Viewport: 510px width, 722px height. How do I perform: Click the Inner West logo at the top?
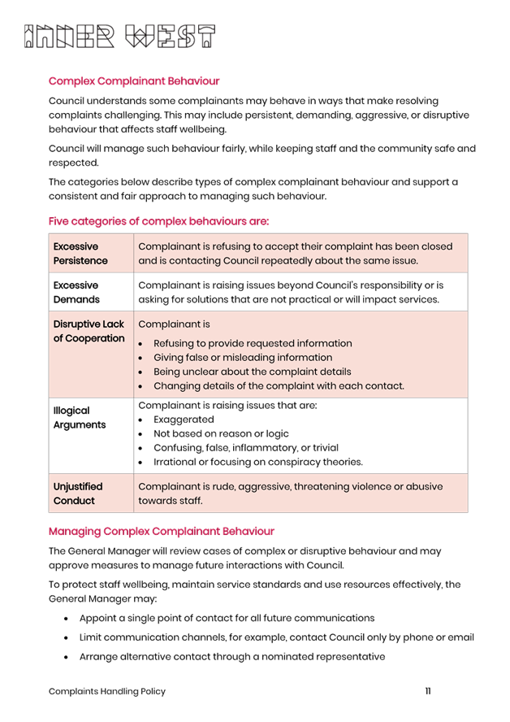pos(120,37)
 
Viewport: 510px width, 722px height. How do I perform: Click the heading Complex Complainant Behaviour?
pos(134,81)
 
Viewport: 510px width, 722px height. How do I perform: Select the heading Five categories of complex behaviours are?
pos(158,221)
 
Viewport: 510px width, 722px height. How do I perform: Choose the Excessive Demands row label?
pos(77,293)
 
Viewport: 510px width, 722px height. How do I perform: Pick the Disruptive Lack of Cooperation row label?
pos(89,331)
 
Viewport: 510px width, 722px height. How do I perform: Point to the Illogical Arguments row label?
pos(79,418)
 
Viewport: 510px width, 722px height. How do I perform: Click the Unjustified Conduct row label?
pos(75,494)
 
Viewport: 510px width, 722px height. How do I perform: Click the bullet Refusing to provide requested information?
pos(253,343)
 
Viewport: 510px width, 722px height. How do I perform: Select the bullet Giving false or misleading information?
pos(243,357)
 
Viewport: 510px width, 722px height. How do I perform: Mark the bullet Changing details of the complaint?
pos(279,385)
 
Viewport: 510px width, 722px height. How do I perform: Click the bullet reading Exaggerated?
pos(184,420)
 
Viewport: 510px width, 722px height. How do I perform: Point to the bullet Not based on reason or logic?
pos(221,433)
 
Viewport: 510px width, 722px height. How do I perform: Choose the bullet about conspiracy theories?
pos(258,462)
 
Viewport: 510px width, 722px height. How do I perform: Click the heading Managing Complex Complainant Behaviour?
pos(161,532)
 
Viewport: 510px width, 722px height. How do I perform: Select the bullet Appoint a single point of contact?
pos(227,618)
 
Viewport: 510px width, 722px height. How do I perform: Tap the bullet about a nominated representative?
pos(232,656)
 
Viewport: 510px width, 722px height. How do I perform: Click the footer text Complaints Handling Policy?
pos(107,691)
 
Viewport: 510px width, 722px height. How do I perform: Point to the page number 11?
pos(428,691)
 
